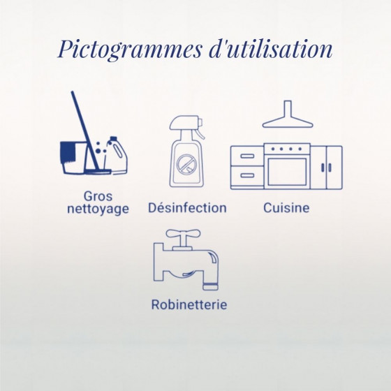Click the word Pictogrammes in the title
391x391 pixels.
(x=129, y=50)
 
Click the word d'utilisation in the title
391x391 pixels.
(x=270, y=49)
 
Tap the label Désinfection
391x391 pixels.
(x=187, y=208)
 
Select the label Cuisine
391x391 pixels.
(x=286, y=208)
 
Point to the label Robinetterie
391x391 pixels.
(x=189, y=304)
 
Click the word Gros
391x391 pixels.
(x=98, y=196)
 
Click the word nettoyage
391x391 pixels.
(x=98, y=209)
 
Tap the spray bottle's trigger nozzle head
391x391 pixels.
(x=186, y=123)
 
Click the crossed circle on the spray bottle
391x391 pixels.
(x=186, y=164)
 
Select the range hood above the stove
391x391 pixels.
(x=288, y=115)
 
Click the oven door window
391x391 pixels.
(x=287, y=172)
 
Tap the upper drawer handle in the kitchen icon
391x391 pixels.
(x=247, y=156)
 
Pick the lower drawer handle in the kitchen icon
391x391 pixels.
(x=247, y=175)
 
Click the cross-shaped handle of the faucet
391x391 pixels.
(x=183, y=235)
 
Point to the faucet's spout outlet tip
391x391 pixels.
(x=210, y=287)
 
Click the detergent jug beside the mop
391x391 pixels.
(x=117, y=155)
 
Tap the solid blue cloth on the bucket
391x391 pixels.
(x=68, y=153)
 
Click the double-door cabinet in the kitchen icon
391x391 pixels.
(x=327, y=168)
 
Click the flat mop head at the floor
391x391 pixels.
(x=98, y=172)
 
